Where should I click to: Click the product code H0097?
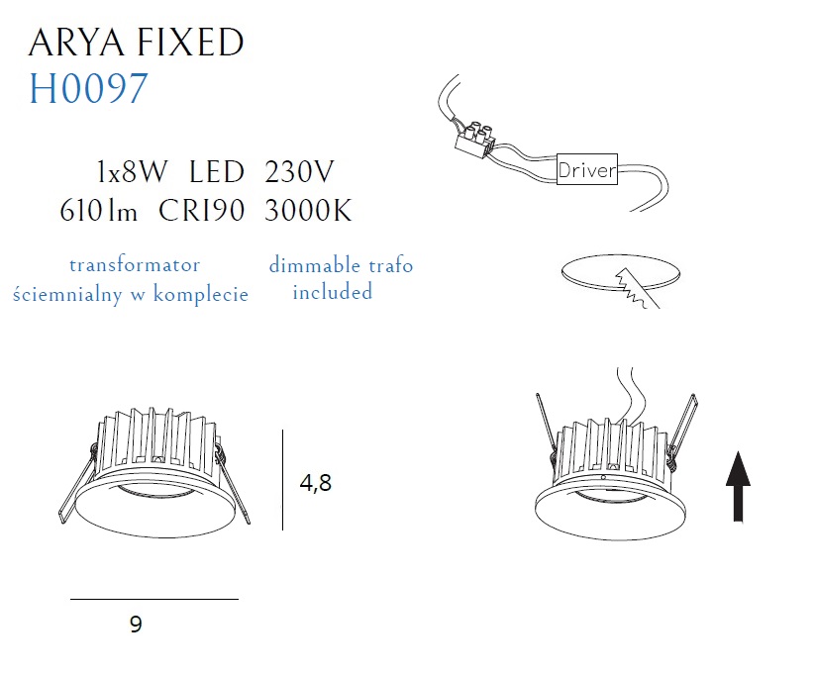coord(88,88)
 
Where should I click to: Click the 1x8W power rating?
coord(132,171)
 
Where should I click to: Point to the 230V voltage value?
coord(299,171)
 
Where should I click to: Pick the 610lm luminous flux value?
coord(99,211)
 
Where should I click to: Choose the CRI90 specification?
coord(201,211)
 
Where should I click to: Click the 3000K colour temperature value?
coord(308,211)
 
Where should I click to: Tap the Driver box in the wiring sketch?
coord(587,169)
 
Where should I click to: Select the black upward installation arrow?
coord(738,486)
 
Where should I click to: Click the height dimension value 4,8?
coord(315,483)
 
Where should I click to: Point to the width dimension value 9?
coord(136,625)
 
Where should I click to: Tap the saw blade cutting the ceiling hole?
coord(637,289)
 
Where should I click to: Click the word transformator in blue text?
coord(135,265)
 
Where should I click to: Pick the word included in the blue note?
coord(333,291)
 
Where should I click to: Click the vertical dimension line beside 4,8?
coord(282,479)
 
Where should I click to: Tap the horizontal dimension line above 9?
coord(154,599)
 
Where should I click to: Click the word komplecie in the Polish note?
coord(200,294)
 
